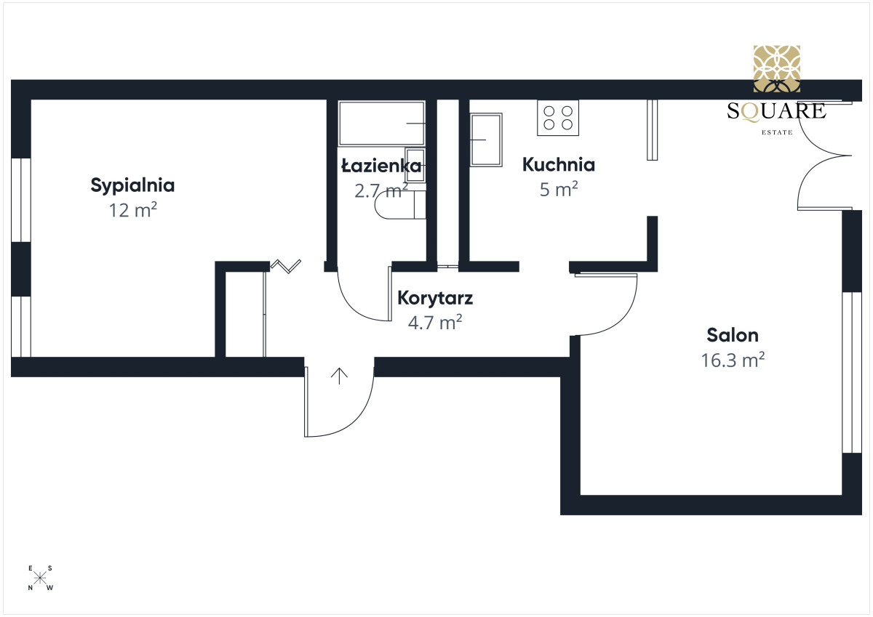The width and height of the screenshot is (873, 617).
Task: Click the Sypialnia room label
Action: click(x=132, y=186)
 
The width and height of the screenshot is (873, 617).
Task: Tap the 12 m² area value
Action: click(x=133, y=210)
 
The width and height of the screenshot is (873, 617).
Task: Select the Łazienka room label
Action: click(x=381, y=166)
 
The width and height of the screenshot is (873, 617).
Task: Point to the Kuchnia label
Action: click(x=559, y=165)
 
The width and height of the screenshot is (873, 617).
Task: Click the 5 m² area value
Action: click(x=559, y=189)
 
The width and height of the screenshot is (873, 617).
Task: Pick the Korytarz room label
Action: click(x=435, y=299)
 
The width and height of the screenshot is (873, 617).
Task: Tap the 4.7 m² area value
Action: click(x=435, y=323)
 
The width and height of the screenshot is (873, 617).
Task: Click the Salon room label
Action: click(x=733, y=335)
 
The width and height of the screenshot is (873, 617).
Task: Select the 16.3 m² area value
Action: click(x=733, y=360)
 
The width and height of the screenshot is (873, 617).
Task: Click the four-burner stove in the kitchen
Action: click(x=558, y=118)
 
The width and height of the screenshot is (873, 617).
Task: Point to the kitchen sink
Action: click(x=486, y=140)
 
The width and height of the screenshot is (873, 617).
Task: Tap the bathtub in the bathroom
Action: click(x=381, y=124)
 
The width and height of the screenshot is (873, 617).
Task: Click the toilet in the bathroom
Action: click(x=400, y=205)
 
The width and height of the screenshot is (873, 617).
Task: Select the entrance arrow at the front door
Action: click(x=339, y=376)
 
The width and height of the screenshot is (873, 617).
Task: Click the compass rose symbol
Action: click(x=40, y=578)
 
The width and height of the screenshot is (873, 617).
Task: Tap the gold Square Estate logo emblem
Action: click(x=777, y=69)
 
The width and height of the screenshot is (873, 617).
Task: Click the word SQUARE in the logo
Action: click(x=776, y=112)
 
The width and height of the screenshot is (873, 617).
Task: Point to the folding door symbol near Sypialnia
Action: click(x=286, y=266)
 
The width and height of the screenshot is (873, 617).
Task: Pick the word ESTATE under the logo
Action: click(x=777, y=132)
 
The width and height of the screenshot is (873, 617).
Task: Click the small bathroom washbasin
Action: click(x=415, y=165)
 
